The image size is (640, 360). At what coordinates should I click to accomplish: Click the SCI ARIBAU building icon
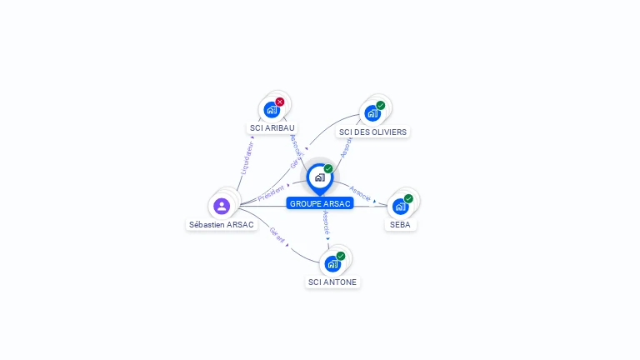click(272, 109)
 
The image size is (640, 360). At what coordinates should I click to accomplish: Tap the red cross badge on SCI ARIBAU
click(280, 102)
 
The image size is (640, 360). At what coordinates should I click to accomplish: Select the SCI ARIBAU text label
click(272, 128)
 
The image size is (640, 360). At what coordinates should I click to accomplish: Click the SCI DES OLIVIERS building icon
click(372, 112)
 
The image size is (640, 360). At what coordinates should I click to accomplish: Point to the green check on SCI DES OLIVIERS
click(381, 105)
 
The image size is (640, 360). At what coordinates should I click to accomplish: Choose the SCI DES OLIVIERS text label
click(372, 132)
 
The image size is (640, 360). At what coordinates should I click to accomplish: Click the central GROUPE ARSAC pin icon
click(319, 177)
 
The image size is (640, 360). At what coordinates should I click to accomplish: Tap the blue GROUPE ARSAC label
click(320, 203)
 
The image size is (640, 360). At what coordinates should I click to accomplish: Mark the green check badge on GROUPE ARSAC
click(328, 169)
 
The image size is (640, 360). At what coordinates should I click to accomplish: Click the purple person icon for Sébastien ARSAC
click(222, 206)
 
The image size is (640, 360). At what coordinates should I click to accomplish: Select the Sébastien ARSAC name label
click(222, 225)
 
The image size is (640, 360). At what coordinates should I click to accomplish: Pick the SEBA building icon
click(400, 206)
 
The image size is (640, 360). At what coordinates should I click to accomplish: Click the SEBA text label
click(400, 225)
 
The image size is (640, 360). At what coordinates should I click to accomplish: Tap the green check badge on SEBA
click(408, 198)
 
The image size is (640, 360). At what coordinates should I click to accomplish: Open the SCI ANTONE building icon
click(332, 263)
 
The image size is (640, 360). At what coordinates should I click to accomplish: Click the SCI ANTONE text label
click(332, 282)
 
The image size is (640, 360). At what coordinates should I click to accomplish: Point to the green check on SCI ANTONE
click(341, 256)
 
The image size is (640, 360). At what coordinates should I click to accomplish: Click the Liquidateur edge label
click(247, 157)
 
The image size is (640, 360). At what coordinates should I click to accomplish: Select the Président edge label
click(271, 193)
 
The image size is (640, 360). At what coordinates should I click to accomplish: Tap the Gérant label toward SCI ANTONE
click(277, 235)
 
